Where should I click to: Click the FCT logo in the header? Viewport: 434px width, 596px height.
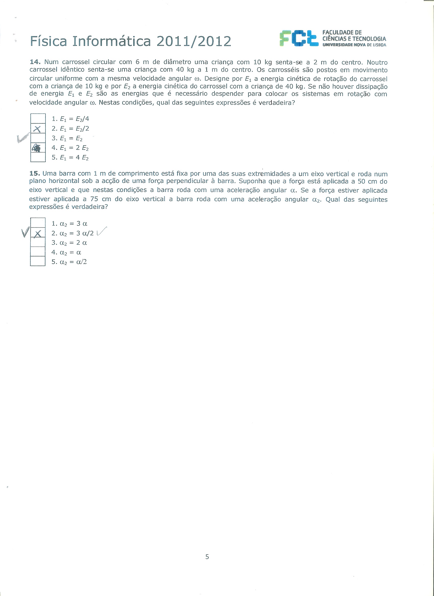[x=298, y=38]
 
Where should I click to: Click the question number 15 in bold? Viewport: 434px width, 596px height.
[x=34, y=173]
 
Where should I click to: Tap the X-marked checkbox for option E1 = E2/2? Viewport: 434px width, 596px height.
[x=38, y=128]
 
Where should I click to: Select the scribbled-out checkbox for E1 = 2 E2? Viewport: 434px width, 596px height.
[x=38, y=148]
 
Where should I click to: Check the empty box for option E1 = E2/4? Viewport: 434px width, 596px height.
[x=38, y=119]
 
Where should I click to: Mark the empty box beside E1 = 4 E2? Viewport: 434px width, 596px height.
[x=38, y=157]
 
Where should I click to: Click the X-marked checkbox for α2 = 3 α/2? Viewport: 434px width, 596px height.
[x=38, y=233]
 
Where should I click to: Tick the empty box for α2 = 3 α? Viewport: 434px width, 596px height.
[x=38, y=223]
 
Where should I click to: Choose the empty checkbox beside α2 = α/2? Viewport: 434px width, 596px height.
[x=38, y=262]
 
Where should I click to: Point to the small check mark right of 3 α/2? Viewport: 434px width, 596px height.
[x=102, y=231]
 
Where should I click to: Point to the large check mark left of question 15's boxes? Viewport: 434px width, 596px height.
[x=25, y=232]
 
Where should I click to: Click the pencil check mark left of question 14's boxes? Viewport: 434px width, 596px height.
[x=23, y=138]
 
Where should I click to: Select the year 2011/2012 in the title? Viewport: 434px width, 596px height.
[x=194, y=41]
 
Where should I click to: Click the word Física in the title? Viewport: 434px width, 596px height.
[x=49, y=41]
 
